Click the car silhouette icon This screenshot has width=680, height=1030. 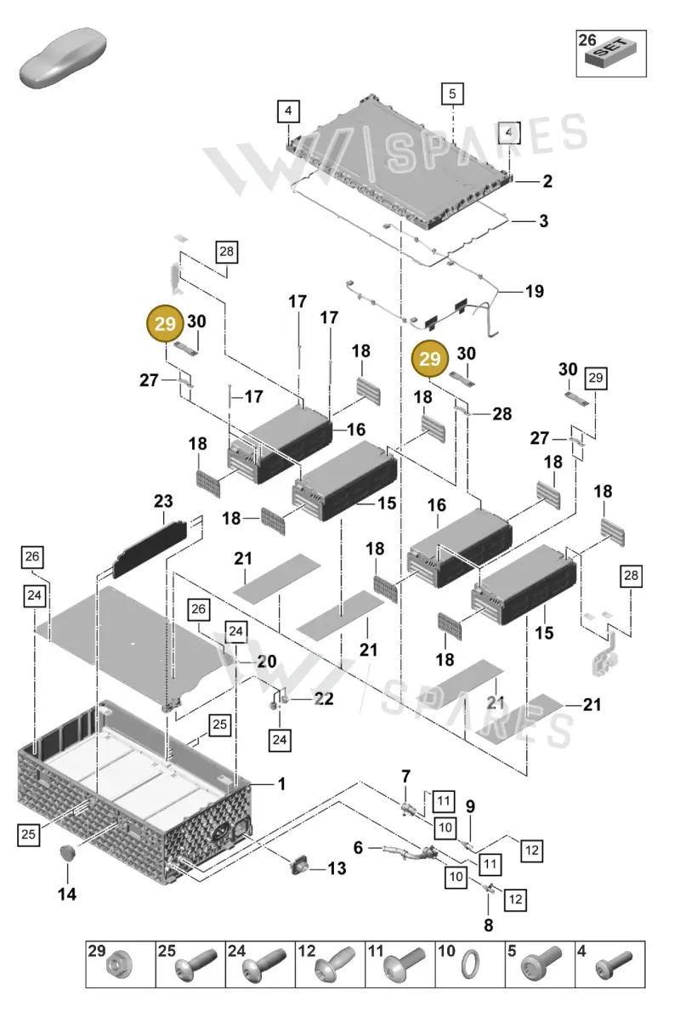[x=63, y=58]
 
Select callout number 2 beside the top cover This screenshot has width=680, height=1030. [x=547, y=181]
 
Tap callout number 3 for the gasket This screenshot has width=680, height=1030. [x=543, y=221]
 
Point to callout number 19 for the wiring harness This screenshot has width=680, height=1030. [x=535, y=291]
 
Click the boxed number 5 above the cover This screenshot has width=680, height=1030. [x=452, y=94]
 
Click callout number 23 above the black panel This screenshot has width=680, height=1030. [x=163, y=501]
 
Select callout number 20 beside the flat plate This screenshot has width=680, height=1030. [x=267, y=662]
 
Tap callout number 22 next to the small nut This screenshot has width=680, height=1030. [x=324, y=698]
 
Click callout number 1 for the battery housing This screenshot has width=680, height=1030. [x=281, y=783]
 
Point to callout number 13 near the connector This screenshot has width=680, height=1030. [x=337, y=868]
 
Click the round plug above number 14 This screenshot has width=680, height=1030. [x=67, y=853]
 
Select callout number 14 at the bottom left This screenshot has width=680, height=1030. [x=66, y=895]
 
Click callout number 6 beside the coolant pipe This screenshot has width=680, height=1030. [x=358, y=847]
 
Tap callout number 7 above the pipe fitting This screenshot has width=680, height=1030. [x=405, y=777]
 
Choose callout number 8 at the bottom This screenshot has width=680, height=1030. [x=489, y=925]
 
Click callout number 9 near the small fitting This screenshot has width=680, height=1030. [x=470, y=806]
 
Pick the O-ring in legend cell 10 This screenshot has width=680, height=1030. [x=471, y=965]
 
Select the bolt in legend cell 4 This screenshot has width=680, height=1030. [x=614, y=965]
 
